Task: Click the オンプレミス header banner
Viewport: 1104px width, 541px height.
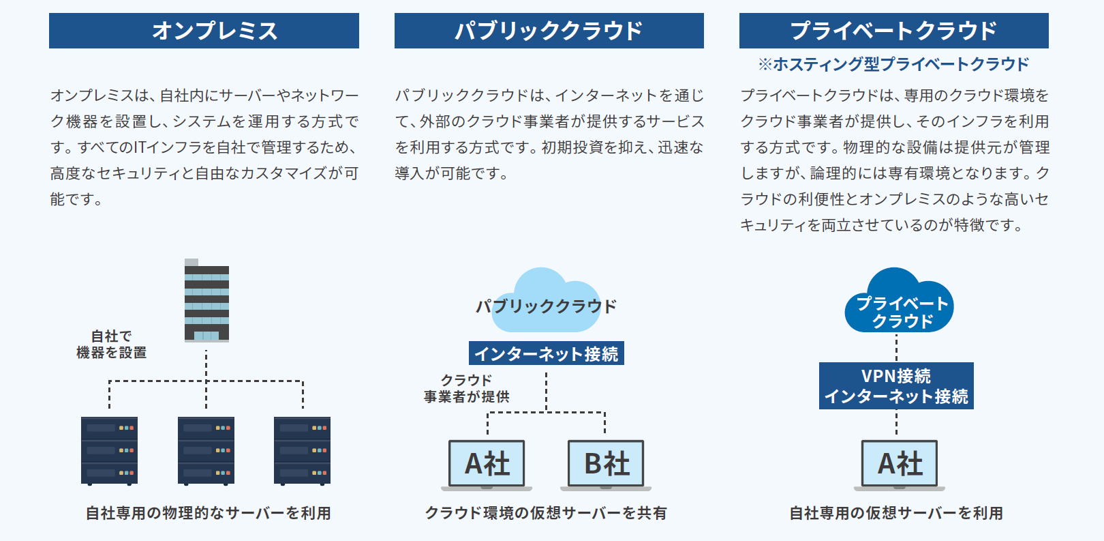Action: (x=204, y=31)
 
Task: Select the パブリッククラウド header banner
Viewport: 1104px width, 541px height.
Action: (x=549, y=31)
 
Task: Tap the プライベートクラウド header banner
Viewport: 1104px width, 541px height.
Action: (x=894, y=31)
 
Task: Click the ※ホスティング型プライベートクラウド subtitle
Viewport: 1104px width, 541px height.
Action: (x=894, y=64)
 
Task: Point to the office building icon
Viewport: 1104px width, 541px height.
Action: (x=206, y=301)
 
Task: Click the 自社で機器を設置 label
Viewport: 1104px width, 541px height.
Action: (x=112, y=344)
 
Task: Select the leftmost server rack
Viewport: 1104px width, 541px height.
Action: (x=110, y=451)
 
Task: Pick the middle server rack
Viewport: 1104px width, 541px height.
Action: (x=206, y=451)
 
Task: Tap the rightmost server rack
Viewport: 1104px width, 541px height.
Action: (x=302, y=451)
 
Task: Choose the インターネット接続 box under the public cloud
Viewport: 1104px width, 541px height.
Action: (x=546, y=353)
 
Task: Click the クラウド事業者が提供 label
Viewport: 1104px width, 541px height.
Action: (x=466, y=388)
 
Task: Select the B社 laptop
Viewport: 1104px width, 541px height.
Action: (x=606, y=465)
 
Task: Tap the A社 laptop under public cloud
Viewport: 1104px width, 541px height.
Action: (x=487, y=465)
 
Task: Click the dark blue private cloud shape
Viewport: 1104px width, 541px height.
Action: (x=899, y=301)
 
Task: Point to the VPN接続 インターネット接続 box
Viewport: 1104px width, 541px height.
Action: (x=896, y=386)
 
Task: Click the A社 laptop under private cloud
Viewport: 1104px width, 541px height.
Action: (x=900, y=465)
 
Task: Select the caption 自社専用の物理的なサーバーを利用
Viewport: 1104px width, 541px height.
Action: (x=208, y=513)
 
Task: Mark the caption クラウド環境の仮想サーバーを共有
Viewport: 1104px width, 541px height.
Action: (x=546, y=513)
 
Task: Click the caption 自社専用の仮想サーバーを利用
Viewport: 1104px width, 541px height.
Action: (x=896, y=513)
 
